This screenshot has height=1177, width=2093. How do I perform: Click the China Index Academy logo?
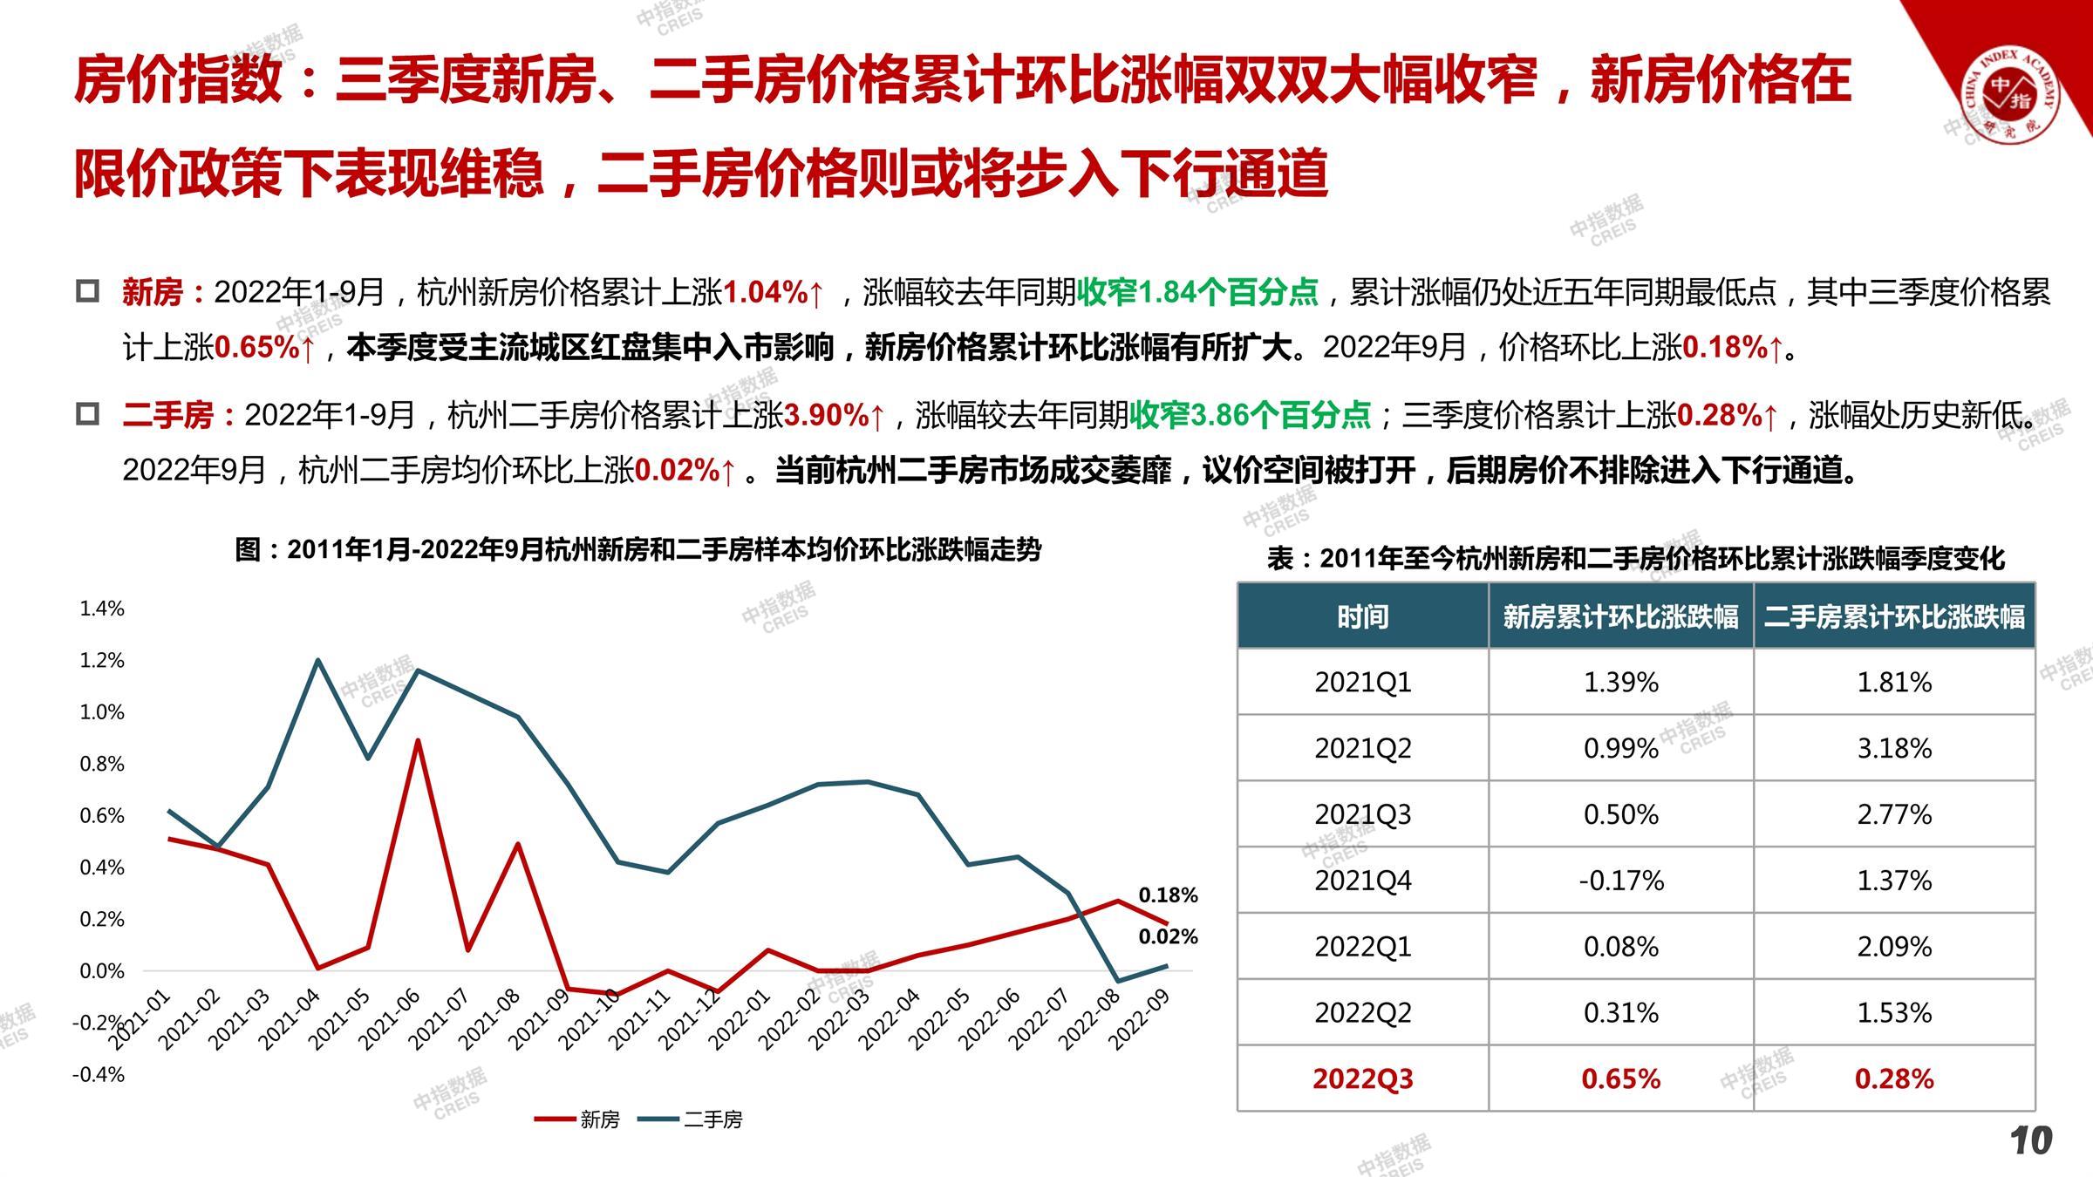pos(2009,96)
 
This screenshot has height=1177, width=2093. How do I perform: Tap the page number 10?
pos(2031,1140)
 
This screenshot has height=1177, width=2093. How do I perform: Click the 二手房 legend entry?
pos(691,1119)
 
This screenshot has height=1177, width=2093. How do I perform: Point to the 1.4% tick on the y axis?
pos(102,609)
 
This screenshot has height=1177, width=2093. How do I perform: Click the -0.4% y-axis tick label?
pos(99,1074)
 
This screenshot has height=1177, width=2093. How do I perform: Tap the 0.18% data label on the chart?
pos(1168,895)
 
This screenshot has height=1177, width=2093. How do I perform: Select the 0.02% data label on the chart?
pos(1168,937)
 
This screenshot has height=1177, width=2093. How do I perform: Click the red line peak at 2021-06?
pos(418,740)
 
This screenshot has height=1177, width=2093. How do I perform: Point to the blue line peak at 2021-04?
pos(317,659)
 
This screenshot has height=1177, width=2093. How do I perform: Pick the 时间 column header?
pos(1362,617)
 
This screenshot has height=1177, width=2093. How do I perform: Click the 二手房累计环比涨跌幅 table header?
pos(1893,617)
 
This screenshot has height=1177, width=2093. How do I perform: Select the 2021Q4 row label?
pos(1362,881)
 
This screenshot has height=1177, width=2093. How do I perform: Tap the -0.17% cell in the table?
pos(1620,881)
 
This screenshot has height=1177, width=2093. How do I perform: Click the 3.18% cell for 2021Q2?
pos(1893,748)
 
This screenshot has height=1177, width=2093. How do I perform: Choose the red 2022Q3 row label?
pos(1362,1078)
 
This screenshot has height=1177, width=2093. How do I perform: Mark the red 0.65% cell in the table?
pos(1620,1078)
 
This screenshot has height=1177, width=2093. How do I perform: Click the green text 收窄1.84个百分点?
pos(1196,292)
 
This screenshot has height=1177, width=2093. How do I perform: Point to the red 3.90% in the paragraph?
pos(826,415)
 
